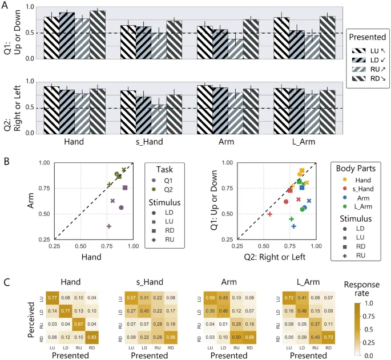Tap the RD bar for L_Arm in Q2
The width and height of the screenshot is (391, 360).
point(328,111)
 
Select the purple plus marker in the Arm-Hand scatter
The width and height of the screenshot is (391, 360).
point(108,226)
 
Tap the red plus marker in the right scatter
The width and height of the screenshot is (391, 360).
point(269,214)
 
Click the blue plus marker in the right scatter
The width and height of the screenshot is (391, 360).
point(294,226)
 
